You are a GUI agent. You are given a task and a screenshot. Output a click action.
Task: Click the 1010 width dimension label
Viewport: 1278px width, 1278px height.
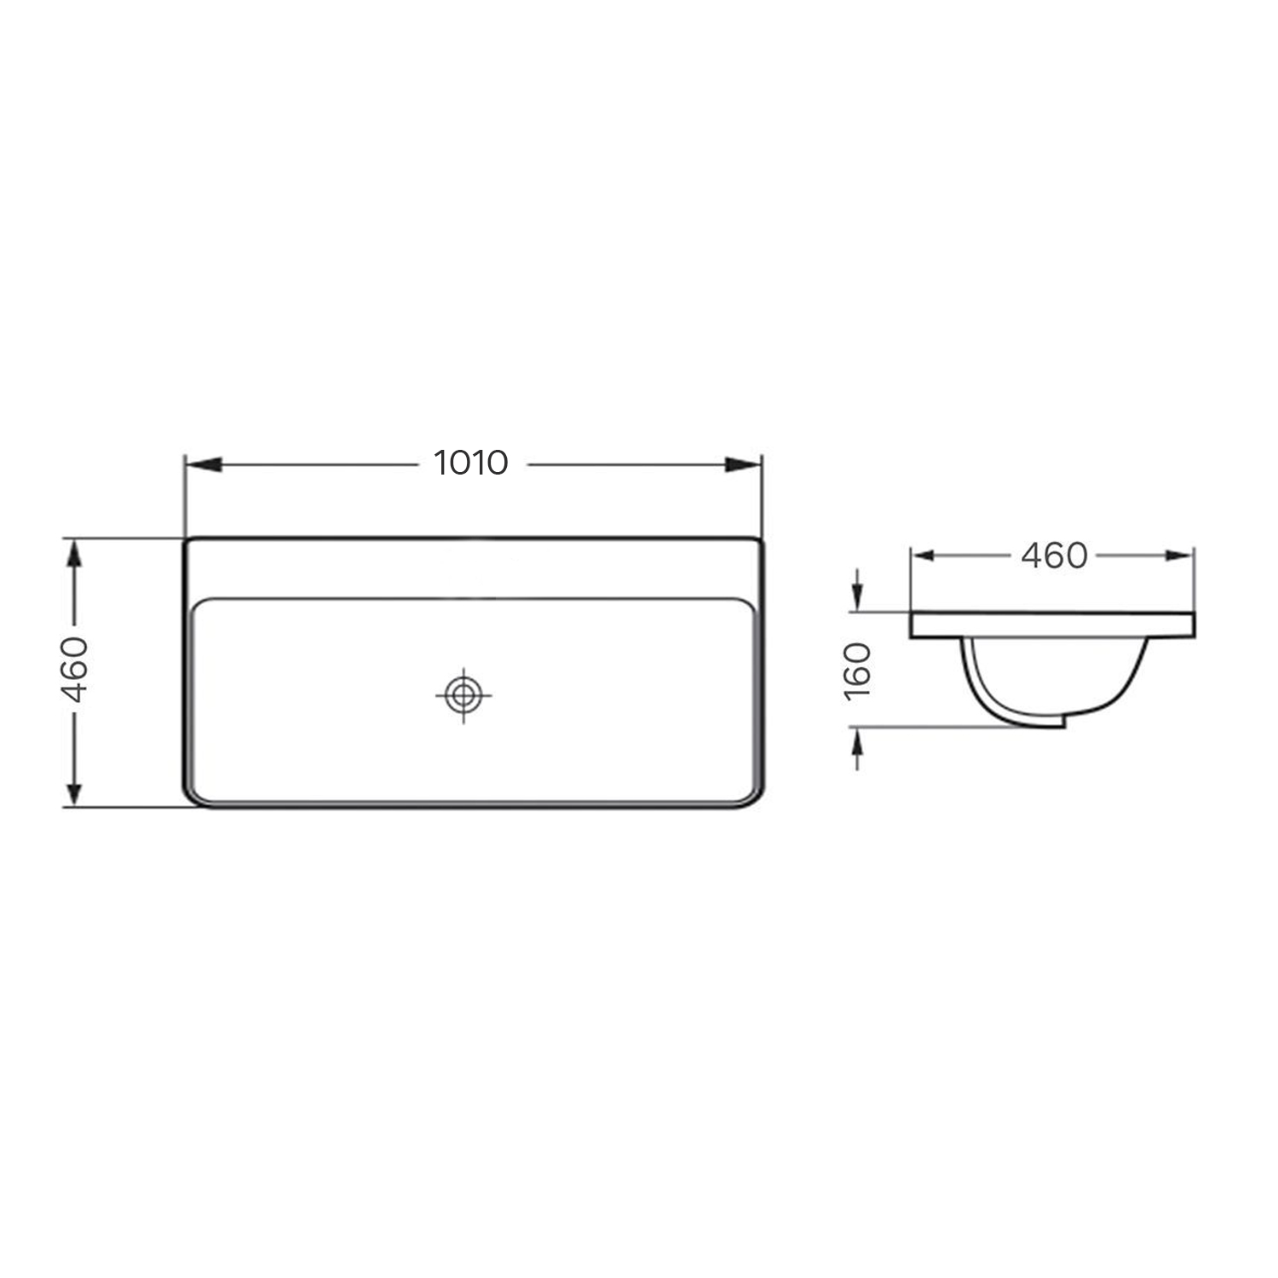[471, 463]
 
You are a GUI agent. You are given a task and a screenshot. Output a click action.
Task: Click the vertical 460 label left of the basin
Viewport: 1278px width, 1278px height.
[76, 669]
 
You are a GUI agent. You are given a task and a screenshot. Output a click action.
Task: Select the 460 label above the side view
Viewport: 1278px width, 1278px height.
[1054, 556]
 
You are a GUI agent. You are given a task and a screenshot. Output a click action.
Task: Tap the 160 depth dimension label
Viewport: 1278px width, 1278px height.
[860, 671]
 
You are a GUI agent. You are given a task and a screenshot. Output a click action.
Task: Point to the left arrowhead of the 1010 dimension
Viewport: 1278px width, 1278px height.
[204, 464]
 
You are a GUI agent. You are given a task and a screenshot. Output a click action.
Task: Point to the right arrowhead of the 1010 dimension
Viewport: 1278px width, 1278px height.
[742, 464]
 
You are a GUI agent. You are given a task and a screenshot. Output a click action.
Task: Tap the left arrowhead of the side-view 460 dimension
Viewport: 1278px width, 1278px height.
[925, 556]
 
